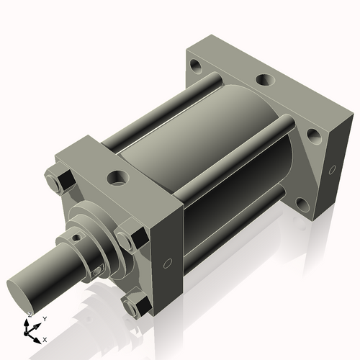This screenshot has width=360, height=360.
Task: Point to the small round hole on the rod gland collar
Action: pos(76,235)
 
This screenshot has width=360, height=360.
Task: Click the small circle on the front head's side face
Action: pos(168,262)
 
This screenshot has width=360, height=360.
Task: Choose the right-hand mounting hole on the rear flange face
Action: pos(314,134)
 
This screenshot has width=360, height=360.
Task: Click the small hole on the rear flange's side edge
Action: pos(332,170)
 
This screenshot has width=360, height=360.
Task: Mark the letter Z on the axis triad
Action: pos(30,315)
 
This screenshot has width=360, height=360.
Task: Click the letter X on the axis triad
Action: pos(45,338)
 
